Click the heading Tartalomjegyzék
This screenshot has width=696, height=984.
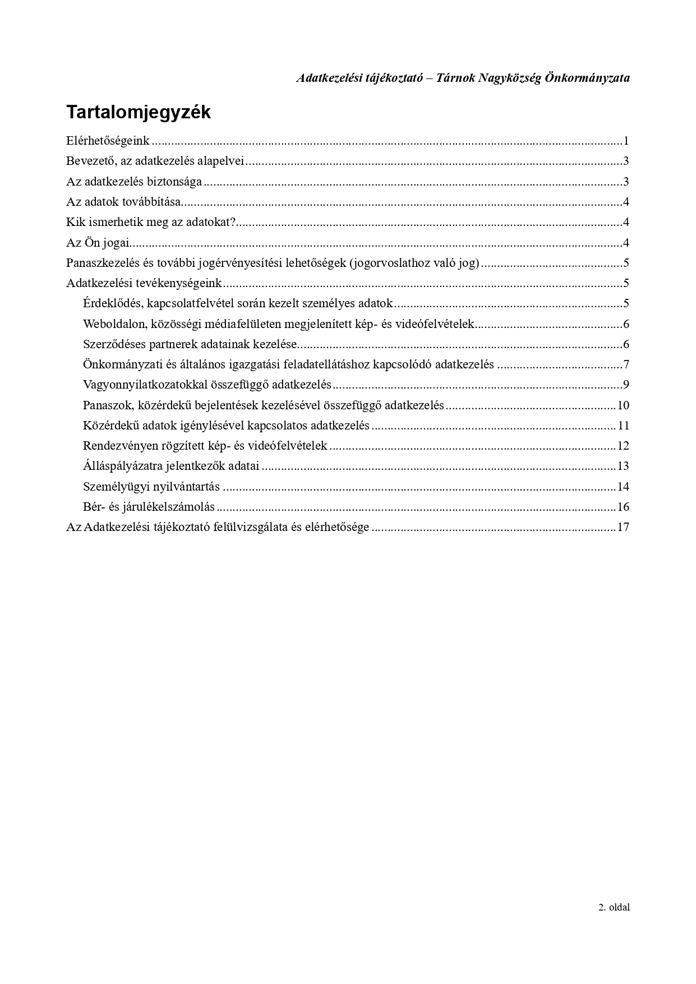coord(138,112)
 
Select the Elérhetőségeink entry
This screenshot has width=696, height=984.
coord(108,141)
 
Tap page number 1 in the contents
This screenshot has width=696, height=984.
coord(626,141)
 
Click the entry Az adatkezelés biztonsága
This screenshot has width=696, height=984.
coord(134,182)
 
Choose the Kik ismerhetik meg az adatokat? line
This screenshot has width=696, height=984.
coord(151,223)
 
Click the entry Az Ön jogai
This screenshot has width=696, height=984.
coord(98,243)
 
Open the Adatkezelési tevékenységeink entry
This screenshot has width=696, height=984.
coord(144,284)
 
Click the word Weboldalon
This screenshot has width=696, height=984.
coord(114,324)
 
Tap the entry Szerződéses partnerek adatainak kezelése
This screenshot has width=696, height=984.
coord(190,344)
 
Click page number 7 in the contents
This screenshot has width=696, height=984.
coord(626,365)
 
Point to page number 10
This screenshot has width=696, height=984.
coord(623,405)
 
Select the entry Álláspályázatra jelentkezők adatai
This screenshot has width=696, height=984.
coord(171,466)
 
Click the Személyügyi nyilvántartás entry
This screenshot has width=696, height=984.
coord(151,487)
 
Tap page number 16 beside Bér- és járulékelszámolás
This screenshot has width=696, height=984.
coord(623,507)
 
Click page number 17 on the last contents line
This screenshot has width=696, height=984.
coord(623,528)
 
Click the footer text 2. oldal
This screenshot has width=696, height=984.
coord(614,907)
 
